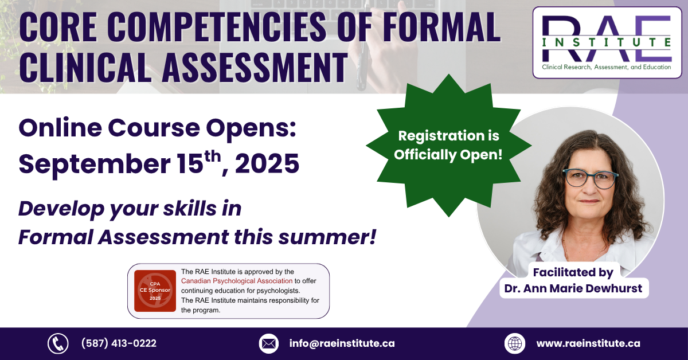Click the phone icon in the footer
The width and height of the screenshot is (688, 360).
[58, 343]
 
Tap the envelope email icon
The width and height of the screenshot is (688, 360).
[269, 343]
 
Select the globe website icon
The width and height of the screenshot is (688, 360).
[515, 343]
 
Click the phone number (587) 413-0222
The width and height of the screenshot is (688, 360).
[119, 343]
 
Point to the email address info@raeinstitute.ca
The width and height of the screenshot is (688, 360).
[342, 343]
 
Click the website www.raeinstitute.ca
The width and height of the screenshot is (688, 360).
[588, 343]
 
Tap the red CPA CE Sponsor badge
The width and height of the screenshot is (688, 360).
[155, 291]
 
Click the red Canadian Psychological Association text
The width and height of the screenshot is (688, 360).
[237, 281]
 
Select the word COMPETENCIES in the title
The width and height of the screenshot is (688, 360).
[217, 27]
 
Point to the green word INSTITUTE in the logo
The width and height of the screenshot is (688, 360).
[607, 42]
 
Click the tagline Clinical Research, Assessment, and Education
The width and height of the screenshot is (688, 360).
[607, 67]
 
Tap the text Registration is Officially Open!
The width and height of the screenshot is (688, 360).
[448, 145]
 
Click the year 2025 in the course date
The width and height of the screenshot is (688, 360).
[267, 164]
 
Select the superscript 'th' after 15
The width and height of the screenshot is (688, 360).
[213, 156]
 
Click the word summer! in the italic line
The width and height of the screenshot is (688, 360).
[327, 237]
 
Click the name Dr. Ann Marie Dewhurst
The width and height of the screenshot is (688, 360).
[573, 288]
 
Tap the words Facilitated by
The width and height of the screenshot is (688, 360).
[573, 272]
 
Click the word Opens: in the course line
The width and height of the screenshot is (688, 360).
[251, 128]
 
